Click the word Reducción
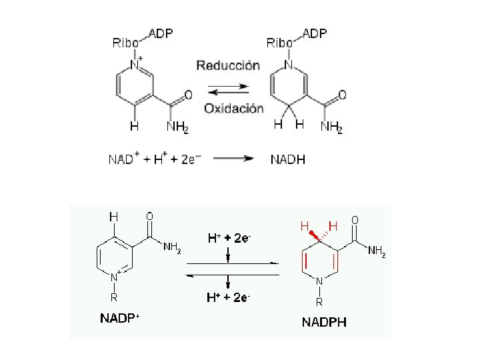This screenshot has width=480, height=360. point(227,65)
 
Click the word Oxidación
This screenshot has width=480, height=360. point(233,108)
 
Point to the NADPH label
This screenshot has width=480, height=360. point(324,323)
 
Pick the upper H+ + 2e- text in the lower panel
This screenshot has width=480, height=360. point(229,238)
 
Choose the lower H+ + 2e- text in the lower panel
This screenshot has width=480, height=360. point(229,297)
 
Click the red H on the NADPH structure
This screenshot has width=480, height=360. point(305,227)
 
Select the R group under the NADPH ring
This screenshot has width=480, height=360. point(319,301)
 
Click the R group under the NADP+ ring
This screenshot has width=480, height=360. point(114,297)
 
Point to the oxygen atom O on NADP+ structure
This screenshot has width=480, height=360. point(149,216)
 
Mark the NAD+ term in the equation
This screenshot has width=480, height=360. point(123,159)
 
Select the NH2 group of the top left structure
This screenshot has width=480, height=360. point(177,126)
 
